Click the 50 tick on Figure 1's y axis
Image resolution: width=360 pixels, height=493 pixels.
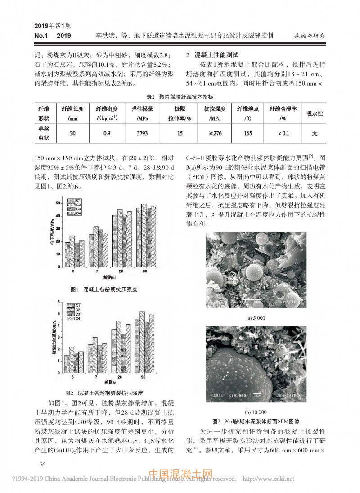pos(58,204)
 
